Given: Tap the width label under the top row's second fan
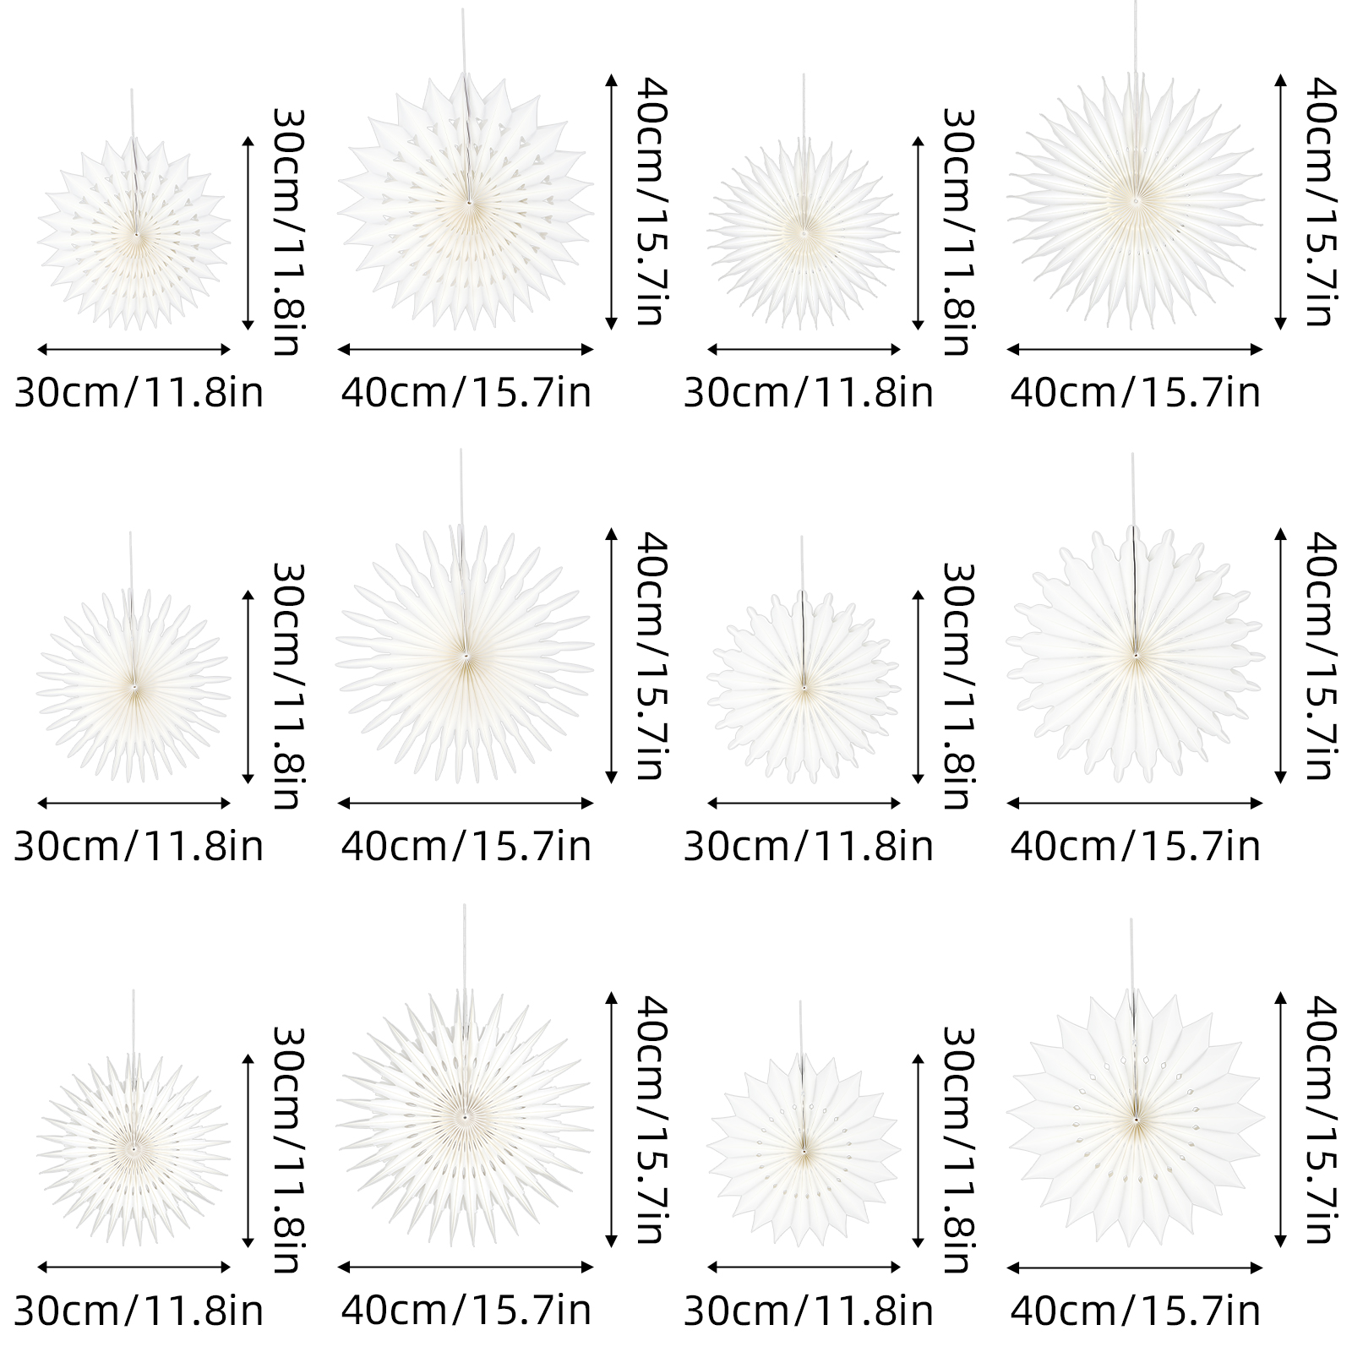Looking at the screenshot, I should (x=466, y=393).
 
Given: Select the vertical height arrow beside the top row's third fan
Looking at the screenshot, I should (x=919, y=232).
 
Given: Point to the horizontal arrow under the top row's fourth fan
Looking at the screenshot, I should (x=1135, y=349).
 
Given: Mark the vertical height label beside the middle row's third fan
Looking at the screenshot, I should (x=958, y=686).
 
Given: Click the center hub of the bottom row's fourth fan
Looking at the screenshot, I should (x=1136, y=1119).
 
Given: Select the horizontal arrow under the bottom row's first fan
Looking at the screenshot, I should (x=134, y=1267).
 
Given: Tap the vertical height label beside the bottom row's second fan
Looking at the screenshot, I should (x=651, y=1120).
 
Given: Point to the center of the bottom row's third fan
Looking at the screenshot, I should (x=802, y=1149).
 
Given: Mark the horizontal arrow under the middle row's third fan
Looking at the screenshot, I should (x=804, y=803).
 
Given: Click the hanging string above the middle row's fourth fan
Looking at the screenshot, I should (x=1133, y=490).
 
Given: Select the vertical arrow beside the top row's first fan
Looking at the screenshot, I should (x=248, y=232).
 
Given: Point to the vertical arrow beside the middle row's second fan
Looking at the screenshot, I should (x=612, y=656).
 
